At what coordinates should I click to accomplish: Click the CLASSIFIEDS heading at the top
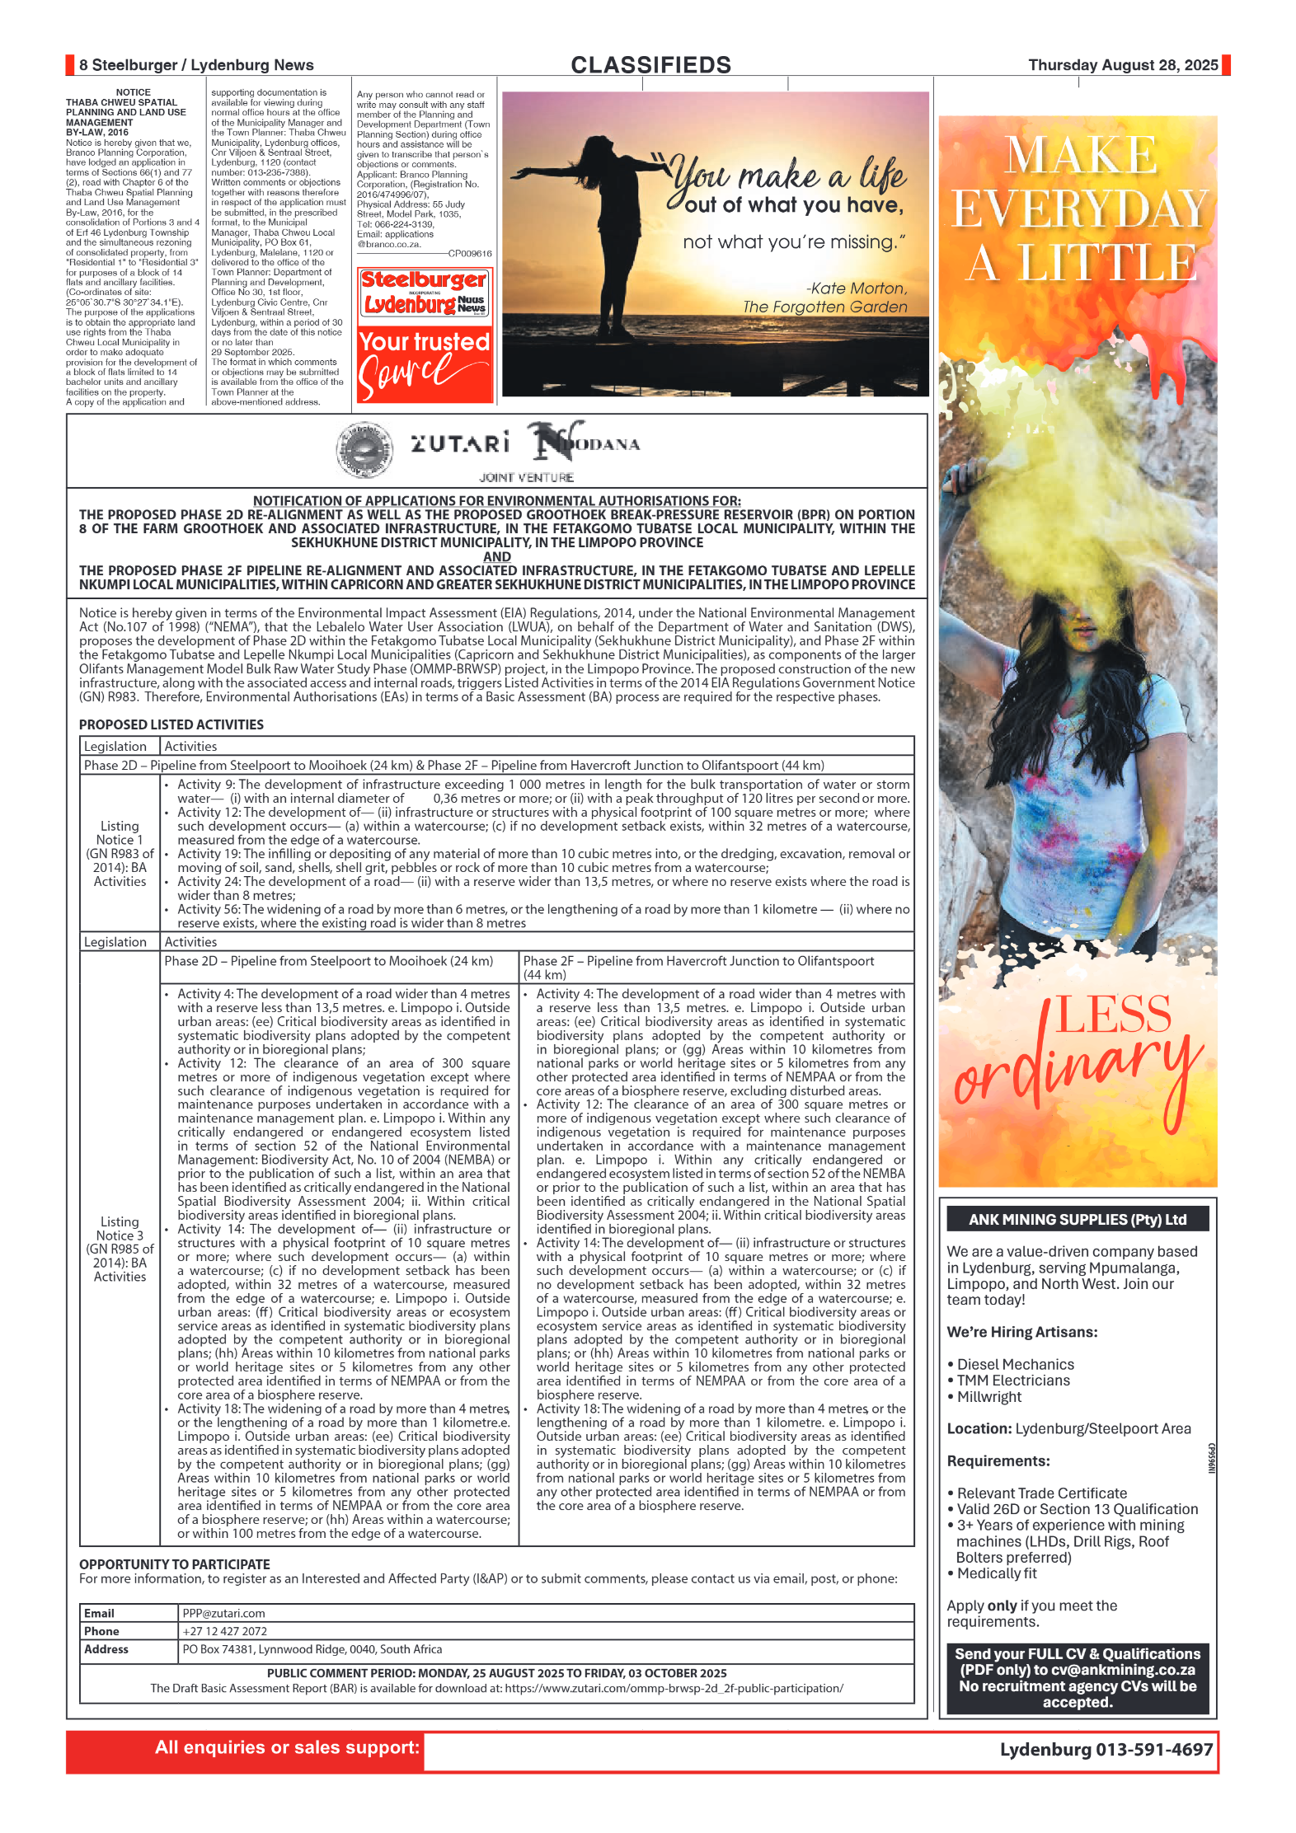click(650, 65)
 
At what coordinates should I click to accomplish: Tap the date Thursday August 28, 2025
click(1122, 65)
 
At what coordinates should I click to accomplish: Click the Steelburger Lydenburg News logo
click(425, 293)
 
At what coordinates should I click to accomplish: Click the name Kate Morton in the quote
click(857, 288)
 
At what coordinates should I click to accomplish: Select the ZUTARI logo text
click(460, 444)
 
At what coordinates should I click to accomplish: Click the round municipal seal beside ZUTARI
click(364, 450)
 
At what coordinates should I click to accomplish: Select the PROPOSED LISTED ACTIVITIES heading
click(171, 724)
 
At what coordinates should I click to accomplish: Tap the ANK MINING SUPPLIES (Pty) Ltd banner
click(1077, 1219)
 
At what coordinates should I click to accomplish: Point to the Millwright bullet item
click(988, 1396)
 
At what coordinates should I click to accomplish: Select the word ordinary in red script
click(1076, 1071)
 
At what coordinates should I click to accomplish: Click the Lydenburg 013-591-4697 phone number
click(1106, 1749)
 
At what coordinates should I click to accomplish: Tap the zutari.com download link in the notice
click(674, 1688)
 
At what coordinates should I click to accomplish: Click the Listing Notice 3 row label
click(120, 1249)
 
